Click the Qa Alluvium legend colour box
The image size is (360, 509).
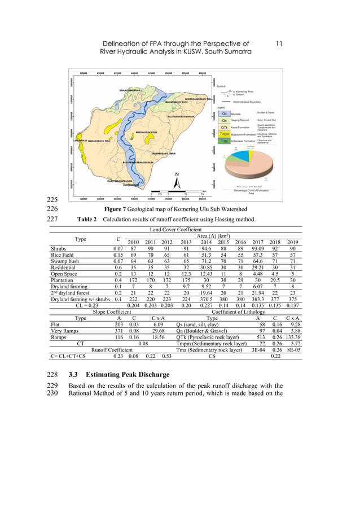point(224,113)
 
